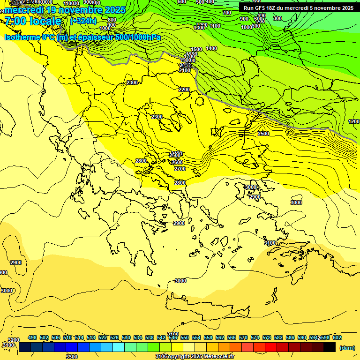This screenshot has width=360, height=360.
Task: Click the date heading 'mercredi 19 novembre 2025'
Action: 65,10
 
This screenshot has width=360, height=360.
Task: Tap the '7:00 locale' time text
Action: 33,21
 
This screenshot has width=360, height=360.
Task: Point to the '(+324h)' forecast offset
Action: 83,21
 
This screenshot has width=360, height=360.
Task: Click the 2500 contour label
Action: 263,134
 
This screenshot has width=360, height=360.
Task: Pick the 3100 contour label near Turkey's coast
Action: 270,243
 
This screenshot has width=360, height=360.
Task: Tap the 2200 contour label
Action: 184,90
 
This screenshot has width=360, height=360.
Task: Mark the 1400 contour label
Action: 211,48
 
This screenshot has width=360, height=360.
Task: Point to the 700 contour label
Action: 227,13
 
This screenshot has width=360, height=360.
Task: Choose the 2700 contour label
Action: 180,169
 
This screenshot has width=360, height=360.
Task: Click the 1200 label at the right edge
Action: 354,121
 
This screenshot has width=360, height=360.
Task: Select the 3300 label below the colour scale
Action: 72,357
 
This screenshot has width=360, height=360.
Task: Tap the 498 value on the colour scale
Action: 32,338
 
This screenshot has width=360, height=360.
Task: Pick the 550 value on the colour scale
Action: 185,338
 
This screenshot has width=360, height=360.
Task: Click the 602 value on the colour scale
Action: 337,338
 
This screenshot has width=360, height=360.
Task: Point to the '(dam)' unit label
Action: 346,348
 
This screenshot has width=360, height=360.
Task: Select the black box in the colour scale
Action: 330,347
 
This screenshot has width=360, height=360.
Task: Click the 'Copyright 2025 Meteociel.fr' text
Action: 197,357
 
